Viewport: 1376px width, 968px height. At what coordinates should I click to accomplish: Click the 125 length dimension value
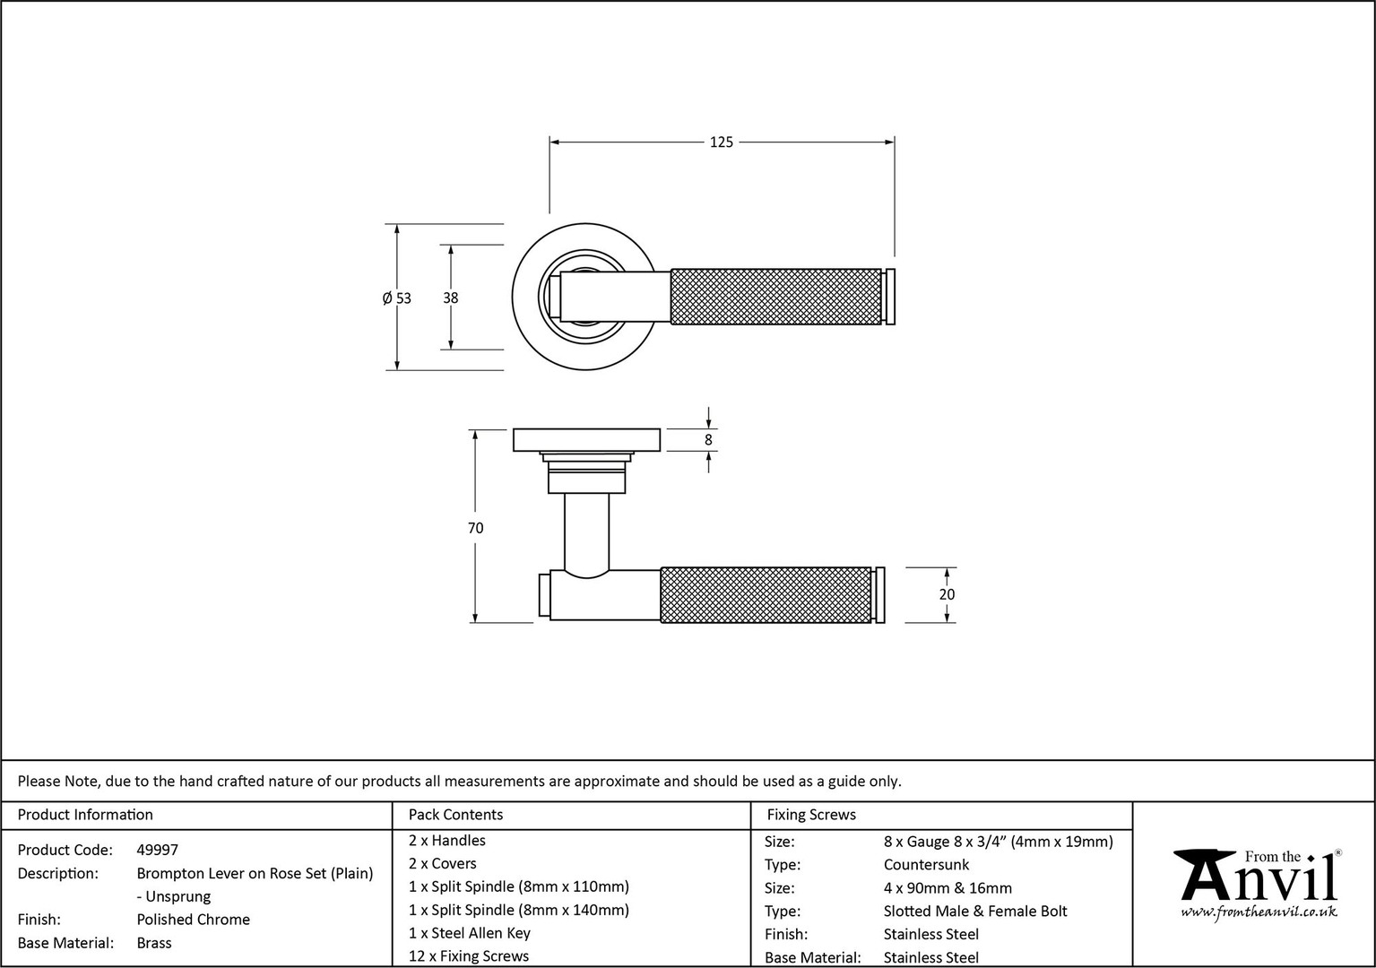click(722, 142)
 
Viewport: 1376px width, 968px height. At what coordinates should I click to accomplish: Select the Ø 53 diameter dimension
click(397, 298)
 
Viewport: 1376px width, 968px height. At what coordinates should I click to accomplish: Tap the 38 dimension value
click(450, 298)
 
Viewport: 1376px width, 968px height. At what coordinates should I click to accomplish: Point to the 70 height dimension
click(475, 528)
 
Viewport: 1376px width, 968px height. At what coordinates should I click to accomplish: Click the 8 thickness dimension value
click(708, 440)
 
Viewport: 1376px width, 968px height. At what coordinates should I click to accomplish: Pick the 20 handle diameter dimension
click(947, 594)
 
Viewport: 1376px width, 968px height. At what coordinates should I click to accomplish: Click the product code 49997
click(157, 850)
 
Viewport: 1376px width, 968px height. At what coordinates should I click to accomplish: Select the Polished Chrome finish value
click(194, 920)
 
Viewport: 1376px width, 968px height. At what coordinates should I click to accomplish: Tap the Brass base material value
click(154, 943)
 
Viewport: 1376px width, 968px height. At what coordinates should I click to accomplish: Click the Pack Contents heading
click(455, 815)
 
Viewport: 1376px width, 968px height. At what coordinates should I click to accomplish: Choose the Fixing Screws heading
click(811, 815)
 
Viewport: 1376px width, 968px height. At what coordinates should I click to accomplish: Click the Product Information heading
click(85, 815)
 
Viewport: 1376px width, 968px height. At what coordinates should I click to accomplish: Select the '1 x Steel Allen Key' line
click(470, 933)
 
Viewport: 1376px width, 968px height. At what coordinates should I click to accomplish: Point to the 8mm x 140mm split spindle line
click(519, 910)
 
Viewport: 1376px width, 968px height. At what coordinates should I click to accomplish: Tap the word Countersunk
click(926, 865)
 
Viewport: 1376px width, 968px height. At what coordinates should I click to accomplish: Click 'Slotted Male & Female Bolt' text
click(975, 911)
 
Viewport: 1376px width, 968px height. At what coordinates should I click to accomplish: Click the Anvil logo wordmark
click(1259, 877)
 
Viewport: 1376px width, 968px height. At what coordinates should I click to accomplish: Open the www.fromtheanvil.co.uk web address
click(1259, 912)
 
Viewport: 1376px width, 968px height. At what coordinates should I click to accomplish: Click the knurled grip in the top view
click(776, 296)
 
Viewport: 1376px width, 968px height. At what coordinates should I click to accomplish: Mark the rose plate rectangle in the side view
click(586, 440)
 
